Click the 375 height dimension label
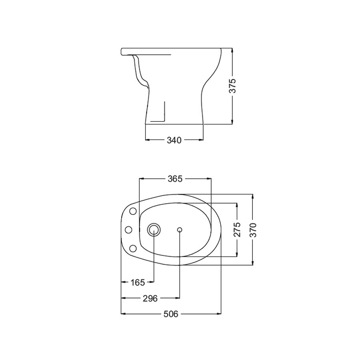coord(232,86)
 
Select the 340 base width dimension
coord(174,140)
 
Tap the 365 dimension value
coord(175,179)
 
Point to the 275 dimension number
coord(237,229)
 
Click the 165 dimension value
coord(138,282)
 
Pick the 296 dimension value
coord(150,298)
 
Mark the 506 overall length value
coord(171,314)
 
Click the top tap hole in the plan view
coord(133,211)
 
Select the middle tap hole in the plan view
coord(128,229)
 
